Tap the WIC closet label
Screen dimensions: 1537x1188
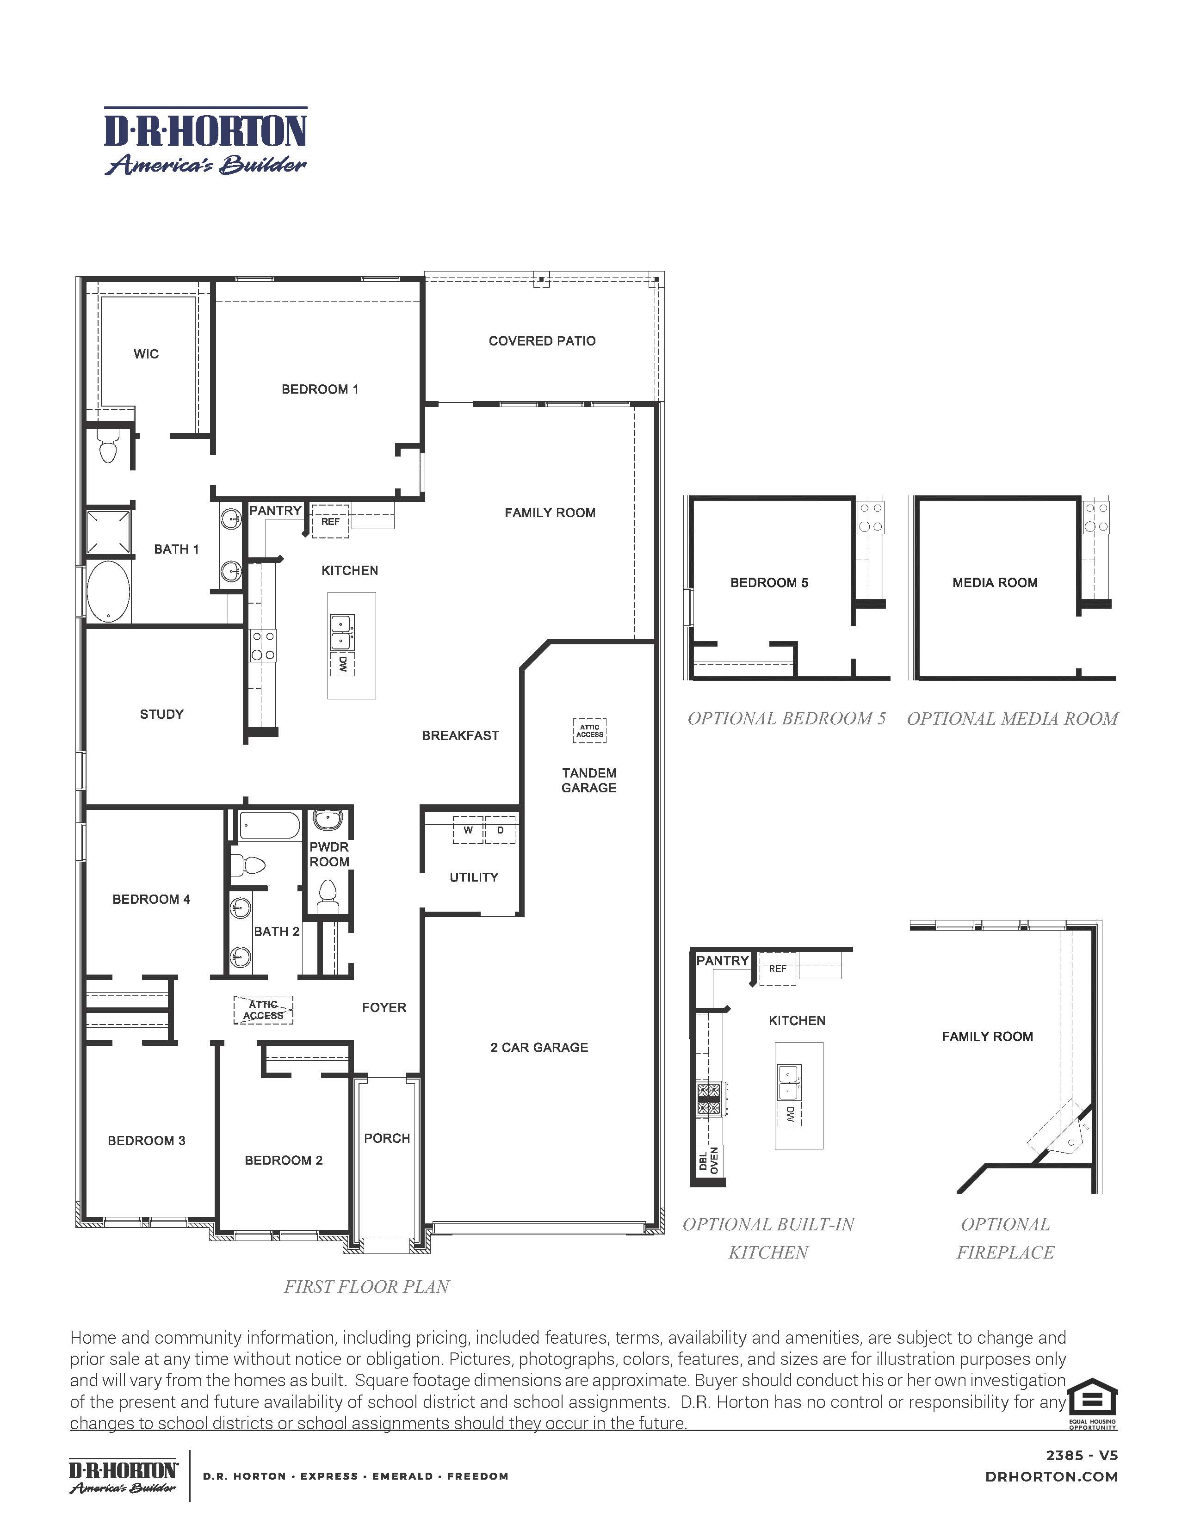(146, 354)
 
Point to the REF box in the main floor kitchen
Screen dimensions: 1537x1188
(330, 521)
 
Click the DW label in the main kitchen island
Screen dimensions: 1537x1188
(343, 664)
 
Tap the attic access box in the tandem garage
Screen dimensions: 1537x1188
(589, 731)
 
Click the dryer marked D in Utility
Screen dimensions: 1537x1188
(501, 830)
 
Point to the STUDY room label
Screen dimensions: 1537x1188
(162, 714)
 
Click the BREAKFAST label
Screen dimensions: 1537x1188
(460, 735)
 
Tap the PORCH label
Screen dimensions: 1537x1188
(387, 1138)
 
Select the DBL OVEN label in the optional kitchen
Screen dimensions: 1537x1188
(709, 1160)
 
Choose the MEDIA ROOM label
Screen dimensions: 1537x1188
(995, 583)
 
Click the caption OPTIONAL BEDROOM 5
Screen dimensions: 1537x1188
(786, 718)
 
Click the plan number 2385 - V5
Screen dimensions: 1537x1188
(1081, 1456)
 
